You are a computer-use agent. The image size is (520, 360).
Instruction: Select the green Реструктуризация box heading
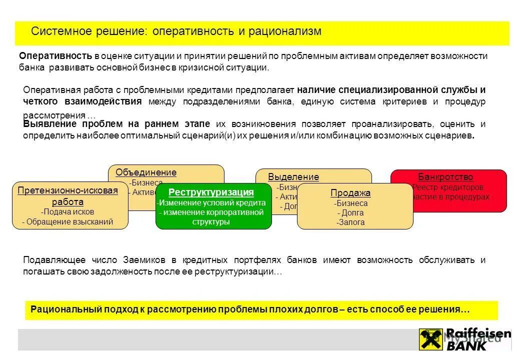click(x=211, y=192)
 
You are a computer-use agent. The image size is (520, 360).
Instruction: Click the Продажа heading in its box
click(x=350, y=193)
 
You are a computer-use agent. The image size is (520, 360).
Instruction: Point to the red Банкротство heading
click(x=445, y=177)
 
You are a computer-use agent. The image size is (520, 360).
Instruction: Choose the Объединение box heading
click(x=146, y=172)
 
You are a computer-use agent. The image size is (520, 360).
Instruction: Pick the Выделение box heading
click(x=293, y=177)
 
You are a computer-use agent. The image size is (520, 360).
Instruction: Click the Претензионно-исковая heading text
click(x=67, y=190)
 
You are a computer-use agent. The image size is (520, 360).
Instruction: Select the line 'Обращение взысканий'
click(x=68, y=222)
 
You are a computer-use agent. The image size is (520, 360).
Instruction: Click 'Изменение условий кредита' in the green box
click(x=211, y=203)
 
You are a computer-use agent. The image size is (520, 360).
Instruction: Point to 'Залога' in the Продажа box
click(x=350, y=222)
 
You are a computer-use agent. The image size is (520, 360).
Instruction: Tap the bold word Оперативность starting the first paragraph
click(x=55, y=56)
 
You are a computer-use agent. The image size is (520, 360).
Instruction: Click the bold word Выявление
click(x=49, y=124)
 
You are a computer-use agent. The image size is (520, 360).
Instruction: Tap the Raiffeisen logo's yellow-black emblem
click(x=431, y=339)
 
